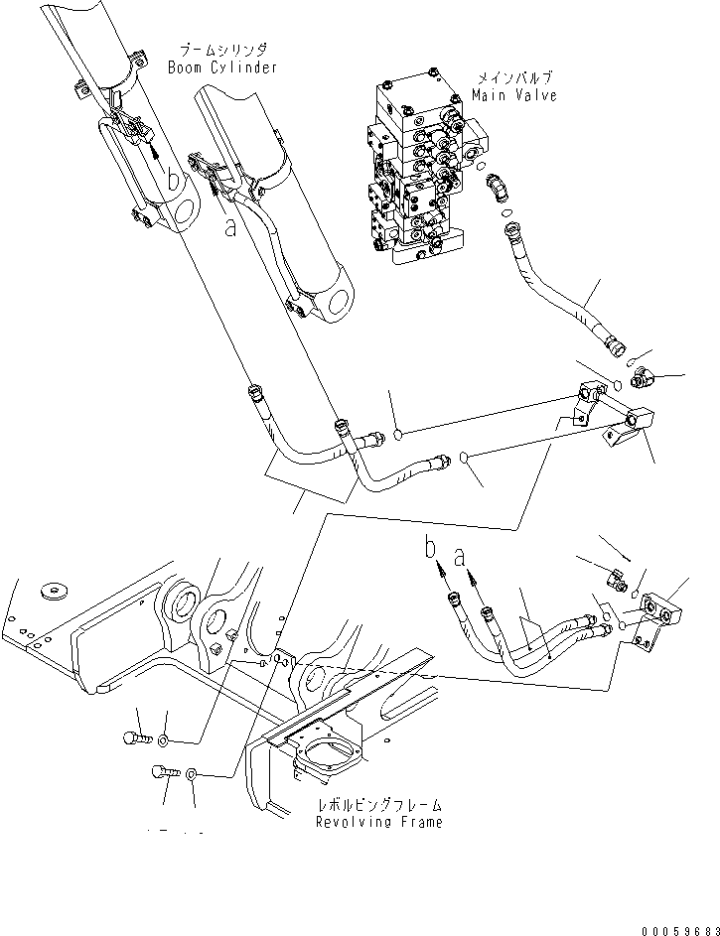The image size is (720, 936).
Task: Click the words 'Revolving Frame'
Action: [x=378, y=822]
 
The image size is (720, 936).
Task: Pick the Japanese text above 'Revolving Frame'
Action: [x=378, y=805]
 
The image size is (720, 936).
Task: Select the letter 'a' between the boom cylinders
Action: [x=230, y=227]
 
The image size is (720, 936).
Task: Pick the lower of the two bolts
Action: [x=164, y=771]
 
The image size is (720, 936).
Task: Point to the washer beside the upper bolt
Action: [x=165, y=740]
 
